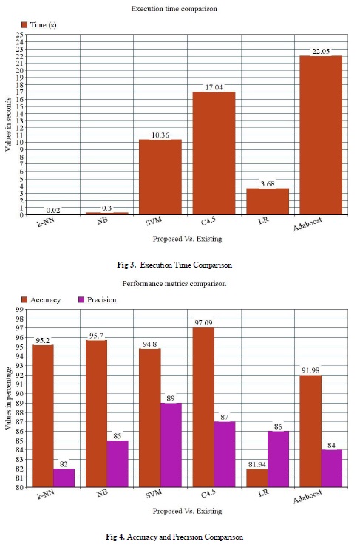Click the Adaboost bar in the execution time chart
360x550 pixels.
[321, 135]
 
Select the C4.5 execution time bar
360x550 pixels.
[214, 153]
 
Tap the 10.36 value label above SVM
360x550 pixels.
[160, 135]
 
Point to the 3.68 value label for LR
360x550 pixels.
[268, 184]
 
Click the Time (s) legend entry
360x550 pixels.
[39, 25]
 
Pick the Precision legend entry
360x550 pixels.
[97, 300]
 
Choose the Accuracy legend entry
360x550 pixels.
[41, 300]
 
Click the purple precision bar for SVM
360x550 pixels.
[171, 445]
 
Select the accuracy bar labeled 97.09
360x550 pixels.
[203, 407]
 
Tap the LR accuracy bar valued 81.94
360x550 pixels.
[257, 478]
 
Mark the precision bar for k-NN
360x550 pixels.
[64, 478]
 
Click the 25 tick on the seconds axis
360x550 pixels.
[20, 34]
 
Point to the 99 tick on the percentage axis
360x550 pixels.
[20, 309]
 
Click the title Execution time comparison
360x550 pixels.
[174, 9]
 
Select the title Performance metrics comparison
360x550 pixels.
[174, 283]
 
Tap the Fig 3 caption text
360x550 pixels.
[174, 265]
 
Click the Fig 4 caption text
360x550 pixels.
[174, 537]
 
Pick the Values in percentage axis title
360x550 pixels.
[8, 398]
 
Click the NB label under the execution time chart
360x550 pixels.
[102, 221]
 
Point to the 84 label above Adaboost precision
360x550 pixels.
[332, 446]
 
